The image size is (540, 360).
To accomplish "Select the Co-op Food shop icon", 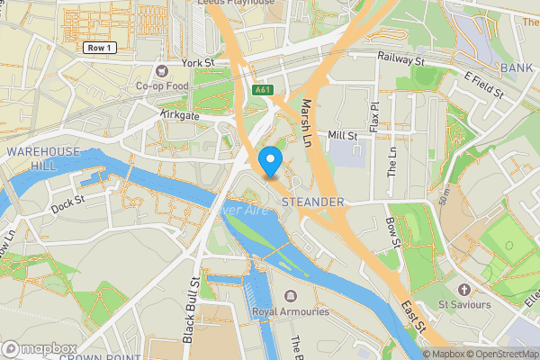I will pos(163,70).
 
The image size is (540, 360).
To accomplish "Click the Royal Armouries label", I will pos(290,312).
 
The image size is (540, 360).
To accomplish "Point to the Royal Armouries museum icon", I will pos(290,296).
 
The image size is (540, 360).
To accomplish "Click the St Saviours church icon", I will pos(464,290).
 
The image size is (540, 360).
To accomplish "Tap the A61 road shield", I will pos(263,90).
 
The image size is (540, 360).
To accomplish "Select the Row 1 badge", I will pos(98,47).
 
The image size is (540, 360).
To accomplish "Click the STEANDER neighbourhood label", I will pos(313,202).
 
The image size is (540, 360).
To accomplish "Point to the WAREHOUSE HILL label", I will pos(43,158).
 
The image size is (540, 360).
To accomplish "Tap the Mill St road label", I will pos(343,135).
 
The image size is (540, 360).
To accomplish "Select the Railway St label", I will pos(400,60).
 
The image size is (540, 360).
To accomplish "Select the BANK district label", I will pos(517,67).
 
